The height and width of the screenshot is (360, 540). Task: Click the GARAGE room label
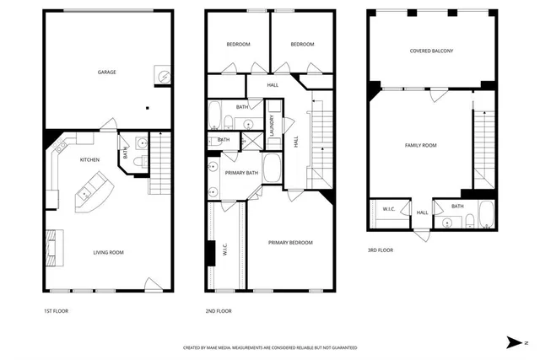coord(106,73)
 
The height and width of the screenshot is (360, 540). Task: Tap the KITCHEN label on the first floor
coord(90,159)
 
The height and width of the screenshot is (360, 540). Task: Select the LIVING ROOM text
coord(108,252)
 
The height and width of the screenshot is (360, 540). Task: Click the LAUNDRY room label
coord(273,126)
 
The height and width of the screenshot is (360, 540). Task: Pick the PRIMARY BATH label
coord(242,173)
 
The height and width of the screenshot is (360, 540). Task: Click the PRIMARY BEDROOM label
coord(290,243)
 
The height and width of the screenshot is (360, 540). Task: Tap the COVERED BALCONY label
coord(431,51)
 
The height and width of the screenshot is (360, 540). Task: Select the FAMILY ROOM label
coord(420,146)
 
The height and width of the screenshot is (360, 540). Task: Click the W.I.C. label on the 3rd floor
coord(389,209)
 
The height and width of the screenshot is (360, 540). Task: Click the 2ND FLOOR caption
coord(219,311)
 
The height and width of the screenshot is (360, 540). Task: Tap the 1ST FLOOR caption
coord(57,311)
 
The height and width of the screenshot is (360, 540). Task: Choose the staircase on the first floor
coord(159,164)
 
